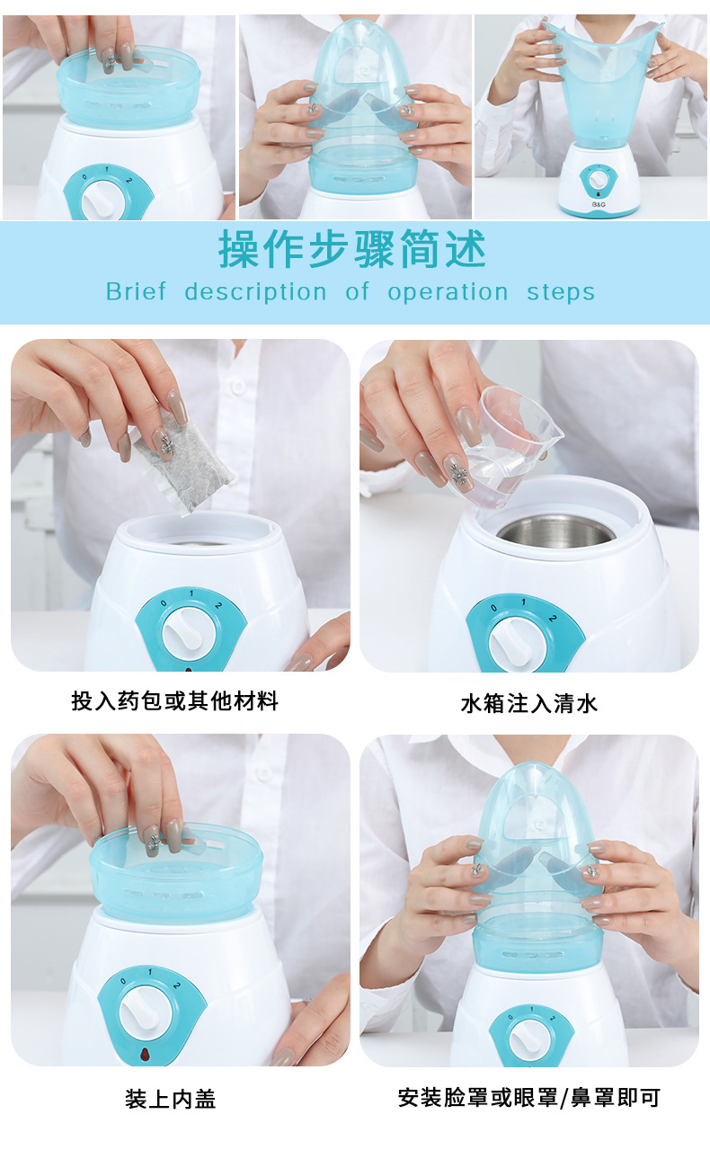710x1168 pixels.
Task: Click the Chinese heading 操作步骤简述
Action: click(x=352, y=249)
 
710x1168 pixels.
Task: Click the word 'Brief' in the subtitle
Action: click(x=136, y=291)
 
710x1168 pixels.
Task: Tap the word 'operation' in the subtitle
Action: click(x=448, y=292)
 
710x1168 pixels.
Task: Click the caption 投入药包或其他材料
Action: click(x=174, y=700)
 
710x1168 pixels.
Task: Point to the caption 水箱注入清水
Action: click(x=529, y=703)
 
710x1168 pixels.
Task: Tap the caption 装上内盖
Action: click(x=171, y=1099)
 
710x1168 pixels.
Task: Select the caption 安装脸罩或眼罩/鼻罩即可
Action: click(x=529, y=1097)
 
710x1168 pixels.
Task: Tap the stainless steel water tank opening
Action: click(x=555, y=531)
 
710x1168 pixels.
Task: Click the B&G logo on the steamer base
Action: click(x=599, y=204)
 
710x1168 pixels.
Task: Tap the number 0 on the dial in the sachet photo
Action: click(x=164, y=603)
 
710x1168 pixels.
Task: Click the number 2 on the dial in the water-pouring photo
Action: click(x=553, y=619)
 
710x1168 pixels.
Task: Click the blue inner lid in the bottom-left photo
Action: click(x=176, y=870)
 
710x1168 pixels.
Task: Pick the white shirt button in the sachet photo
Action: click(x=238, y=388)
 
